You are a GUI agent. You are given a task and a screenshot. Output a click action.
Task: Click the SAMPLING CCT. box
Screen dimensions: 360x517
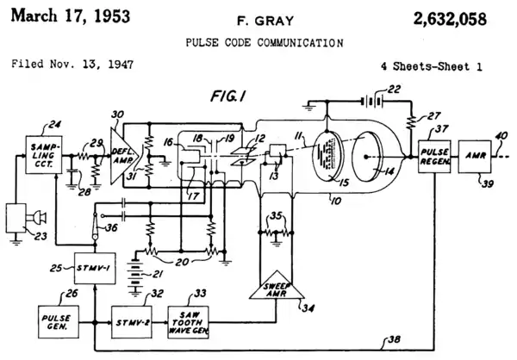[40, 152]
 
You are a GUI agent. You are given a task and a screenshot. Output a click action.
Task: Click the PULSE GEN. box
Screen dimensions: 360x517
[58, 320]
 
